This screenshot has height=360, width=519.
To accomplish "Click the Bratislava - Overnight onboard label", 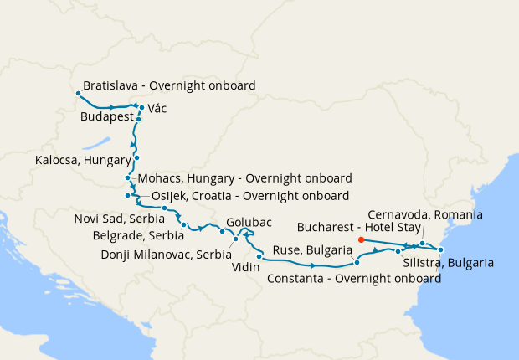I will click(x=169, y=85).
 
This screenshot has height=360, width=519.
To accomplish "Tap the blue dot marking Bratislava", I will click(x=77, y=93).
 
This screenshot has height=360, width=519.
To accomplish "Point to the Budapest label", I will click(x=107, y=119).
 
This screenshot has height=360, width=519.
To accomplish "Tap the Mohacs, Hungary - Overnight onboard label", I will click(x=244, y=178).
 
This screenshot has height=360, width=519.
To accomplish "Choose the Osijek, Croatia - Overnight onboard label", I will click(x=250, y=196).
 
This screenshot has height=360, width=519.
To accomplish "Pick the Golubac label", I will click(x=249, y=223).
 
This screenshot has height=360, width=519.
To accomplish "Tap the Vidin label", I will click(x=246, y=268).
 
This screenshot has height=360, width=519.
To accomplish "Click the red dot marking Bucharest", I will click(x=361, y=239).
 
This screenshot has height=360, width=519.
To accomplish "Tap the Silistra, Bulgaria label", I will click(x=448, y=263).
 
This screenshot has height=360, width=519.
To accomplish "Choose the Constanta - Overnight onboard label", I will click(x=354, y=279).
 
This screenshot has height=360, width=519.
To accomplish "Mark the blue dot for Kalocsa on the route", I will click(x=136, y=157).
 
